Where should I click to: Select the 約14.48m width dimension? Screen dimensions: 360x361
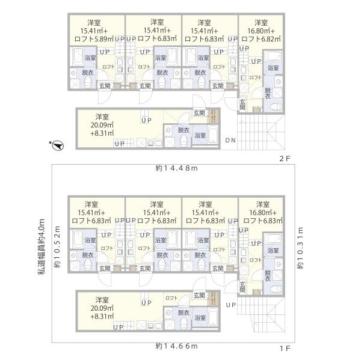tap(176, 168)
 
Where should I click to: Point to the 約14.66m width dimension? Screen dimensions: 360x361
tap(176, 346)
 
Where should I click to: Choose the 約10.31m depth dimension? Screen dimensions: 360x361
tap(300, 248)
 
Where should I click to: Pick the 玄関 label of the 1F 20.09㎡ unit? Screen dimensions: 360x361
tap(199, 295)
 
